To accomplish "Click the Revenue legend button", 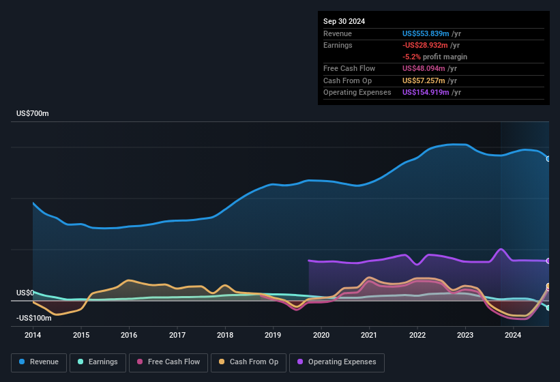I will (x=40, y=362).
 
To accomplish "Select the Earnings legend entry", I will (x=98, y=362).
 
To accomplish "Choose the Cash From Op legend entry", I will (x=249, y=362).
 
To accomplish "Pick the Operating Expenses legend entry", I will (x=337, y=362).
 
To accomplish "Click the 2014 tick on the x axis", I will (x=33, y=335).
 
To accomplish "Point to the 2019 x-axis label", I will (x=273, y=335).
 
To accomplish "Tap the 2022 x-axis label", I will (x=417, y=335).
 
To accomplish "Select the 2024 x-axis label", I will (x=513, y=335).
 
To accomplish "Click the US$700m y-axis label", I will (x=33, y=114).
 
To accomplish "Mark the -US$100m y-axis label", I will (x=34, y=318).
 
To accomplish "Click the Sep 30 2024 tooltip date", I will (x=344, y=21).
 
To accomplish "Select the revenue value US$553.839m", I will (x=426, y=33).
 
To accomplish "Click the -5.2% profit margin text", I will (x=434, y=57).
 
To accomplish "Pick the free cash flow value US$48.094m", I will (x=424, y=69).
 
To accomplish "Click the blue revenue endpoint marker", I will (x=548, y=158).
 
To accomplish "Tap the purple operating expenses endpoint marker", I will (x=548, y=261).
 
